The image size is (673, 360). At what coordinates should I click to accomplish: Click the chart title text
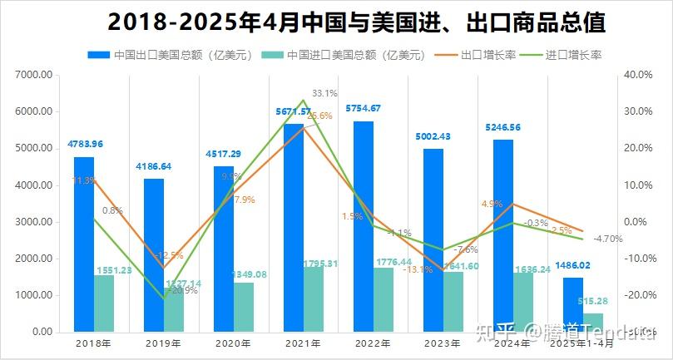356,22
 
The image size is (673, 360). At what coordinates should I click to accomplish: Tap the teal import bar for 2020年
244,307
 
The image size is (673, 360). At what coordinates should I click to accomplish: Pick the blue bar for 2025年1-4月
572,304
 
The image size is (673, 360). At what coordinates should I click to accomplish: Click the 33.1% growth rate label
324,93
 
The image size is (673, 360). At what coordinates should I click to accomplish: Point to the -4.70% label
608,239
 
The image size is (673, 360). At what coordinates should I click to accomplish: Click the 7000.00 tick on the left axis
34,75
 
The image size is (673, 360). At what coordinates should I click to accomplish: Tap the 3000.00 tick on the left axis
34,222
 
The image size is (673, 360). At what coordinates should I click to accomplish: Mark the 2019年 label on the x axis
162,343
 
